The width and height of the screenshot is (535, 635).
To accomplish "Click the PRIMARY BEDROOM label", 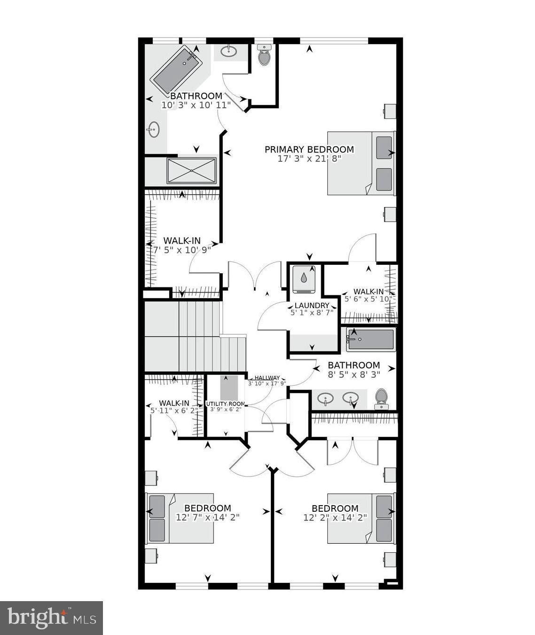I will click(309, 150).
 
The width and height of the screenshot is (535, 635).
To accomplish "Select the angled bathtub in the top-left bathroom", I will click(176, 70).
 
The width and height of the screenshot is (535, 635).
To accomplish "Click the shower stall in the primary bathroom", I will click(192, 171).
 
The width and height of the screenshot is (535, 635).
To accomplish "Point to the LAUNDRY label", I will click(312, 305).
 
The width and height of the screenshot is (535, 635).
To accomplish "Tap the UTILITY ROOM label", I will click(225, 404).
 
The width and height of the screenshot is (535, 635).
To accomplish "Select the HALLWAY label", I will click(267, 378).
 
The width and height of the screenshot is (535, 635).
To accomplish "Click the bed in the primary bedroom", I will click(361, 163).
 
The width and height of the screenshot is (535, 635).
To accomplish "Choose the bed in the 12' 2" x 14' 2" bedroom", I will click(360, 518).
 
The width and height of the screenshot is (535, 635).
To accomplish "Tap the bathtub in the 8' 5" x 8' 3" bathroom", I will click(371, 339).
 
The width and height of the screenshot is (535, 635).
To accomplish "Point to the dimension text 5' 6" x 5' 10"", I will click(368, 299).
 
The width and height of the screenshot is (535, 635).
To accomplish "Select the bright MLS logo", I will click(51, 617).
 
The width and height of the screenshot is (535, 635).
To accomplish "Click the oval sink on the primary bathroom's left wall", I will click(153, 129).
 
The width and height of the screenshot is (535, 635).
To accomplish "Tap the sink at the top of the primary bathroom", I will click(229, 51).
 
